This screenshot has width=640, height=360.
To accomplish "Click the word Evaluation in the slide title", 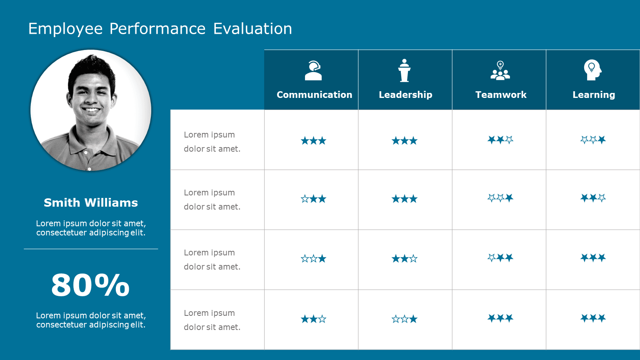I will click(x=252, y=29).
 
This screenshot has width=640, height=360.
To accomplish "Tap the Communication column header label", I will click(x=314, y=95).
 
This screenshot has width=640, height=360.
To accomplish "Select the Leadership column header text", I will click(x=405, y=95).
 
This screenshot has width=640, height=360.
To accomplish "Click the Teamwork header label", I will click(x=501, y=95).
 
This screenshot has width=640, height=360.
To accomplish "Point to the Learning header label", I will click(x=593, y=95).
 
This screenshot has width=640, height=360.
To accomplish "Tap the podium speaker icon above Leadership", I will click(x=404, y=70).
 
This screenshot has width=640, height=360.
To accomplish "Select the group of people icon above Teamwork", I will click(x=500, y=70).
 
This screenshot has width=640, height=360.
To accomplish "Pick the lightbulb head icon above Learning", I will click(x=592, y=70).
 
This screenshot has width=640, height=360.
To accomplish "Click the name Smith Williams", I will click(x=91, y=202).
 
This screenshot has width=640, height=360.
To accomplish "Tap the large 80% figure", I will click(x=90, y=285).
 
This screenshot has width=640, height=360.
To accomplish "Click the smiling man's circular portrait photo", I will click(x=91, y=110).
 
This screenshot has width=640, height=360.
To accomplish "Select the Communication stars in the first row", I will click(x=313, y=141).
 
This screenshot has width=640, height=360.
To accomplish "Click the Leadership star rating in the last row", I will click(x=404, y=319).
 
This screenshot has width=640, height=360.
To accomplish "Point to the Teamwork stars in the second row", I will click(x=500, y=198).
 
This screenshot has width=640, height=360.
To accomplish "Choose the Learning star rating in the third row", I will click(x=593, y=258).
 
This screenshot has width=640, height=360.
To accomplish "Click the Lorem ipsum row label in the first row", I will click(x=212, y=142).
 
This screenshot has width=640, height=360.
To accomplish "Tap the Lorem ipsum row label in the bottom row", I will click(x=212, y=320).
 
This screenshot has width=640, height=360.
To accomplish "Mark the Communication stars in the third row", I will click(x=313, y=259).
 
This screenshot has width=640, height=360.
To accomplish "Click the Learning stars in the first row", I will click(x=593, y=140).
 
